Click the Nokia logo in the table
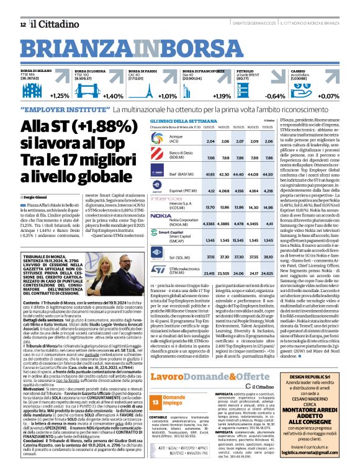(x=161, y=216)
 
